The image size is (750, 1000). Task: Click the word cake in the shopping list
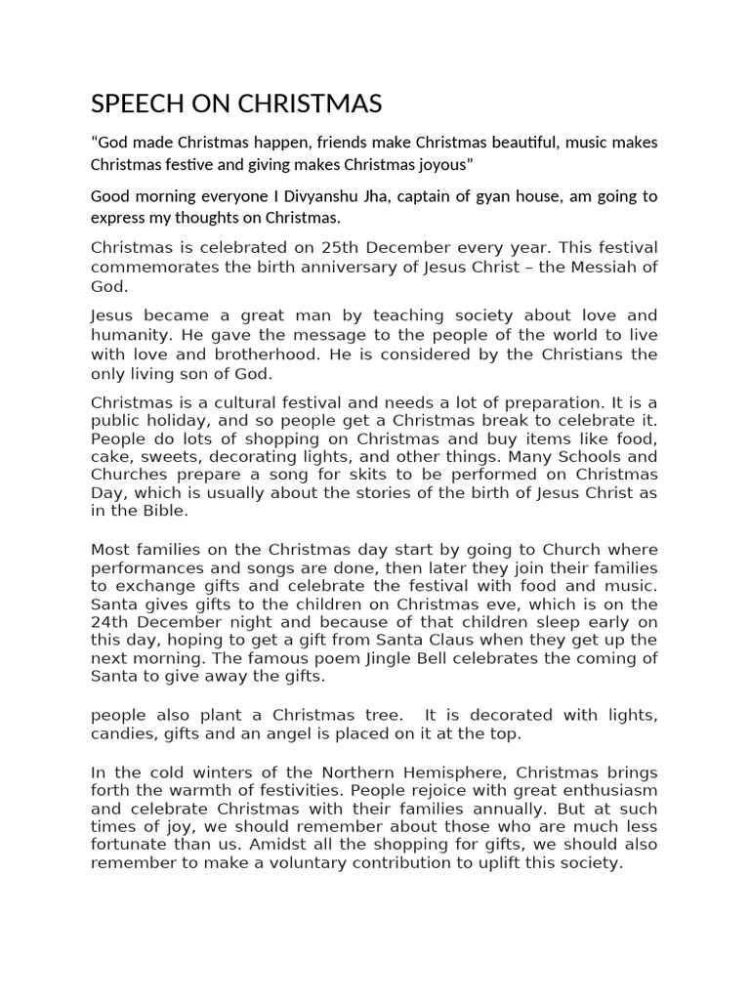pyautogui.click(x=108, y=458)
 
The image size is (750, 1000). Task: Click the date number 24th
pyautogui.click(x=109, y=621)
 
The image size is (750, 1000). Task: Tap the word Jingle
pyautogui.click(x=392, y=658)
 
